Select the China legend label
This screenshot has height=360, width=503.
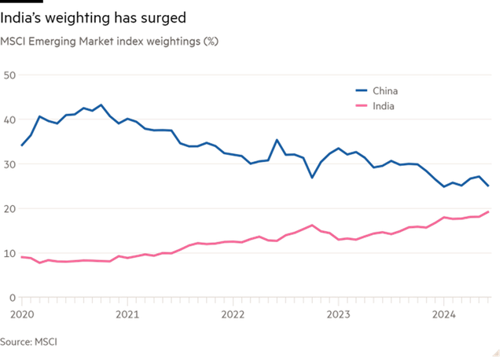coord(384,90)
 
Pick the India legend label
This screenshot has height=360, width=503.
coord(384,105)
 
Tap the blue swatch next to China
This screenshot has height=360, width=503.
coord(362,90)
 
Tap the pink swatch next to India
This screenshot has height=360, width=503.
coord(362,105)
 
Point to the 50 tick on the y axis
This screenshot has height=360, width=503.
coord(9,75)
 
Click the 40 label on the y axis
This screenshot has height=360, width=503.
coord(9,119)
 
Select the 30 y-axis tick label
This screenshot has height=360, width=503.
coord(9,163)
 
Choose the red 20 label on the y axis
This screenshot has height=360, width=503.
coord(9,208)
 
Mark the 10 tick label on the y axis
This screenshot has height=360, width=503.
coord(9,252)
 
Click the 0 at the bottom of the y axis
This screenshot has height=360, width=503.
coord(13,296)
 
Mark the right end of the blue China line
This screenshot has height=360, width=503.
coord(490,187)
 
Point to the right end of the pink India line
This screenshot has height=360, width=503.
coord(490,211)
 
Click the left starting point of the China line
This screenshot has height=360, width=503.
coord(21,147)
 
